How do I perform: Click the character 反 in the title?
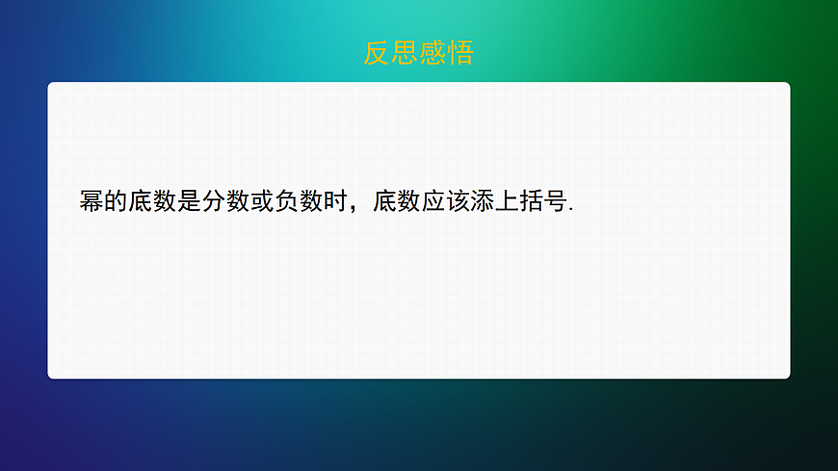[378, 53]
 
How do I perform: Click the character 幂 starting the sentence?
[92, 202]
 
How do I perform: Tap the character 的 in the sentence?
[117, 202]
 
